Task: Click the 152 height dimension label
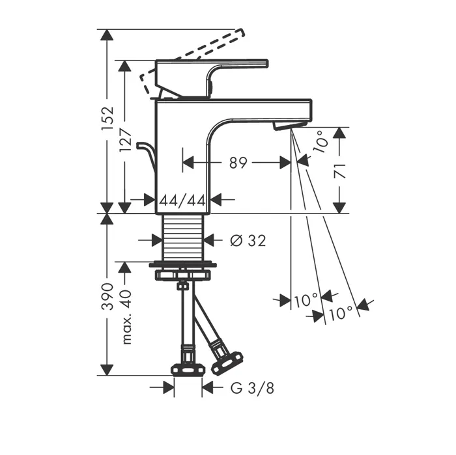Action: pos(107,119)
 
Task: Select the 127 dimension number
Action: pos(125,140)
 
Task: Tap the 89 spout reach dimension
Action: pos(238,163)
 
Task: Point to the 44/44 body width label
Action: pos(182,200)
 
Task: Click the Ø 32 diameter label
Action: pos(248,241)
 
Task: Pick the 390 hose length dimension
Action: pos(107,296)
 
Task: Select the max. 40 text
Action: pos(126,317)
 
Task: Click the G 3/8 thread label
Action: pos(252,388)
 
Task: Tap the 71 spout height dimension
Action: pos(339,171)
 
